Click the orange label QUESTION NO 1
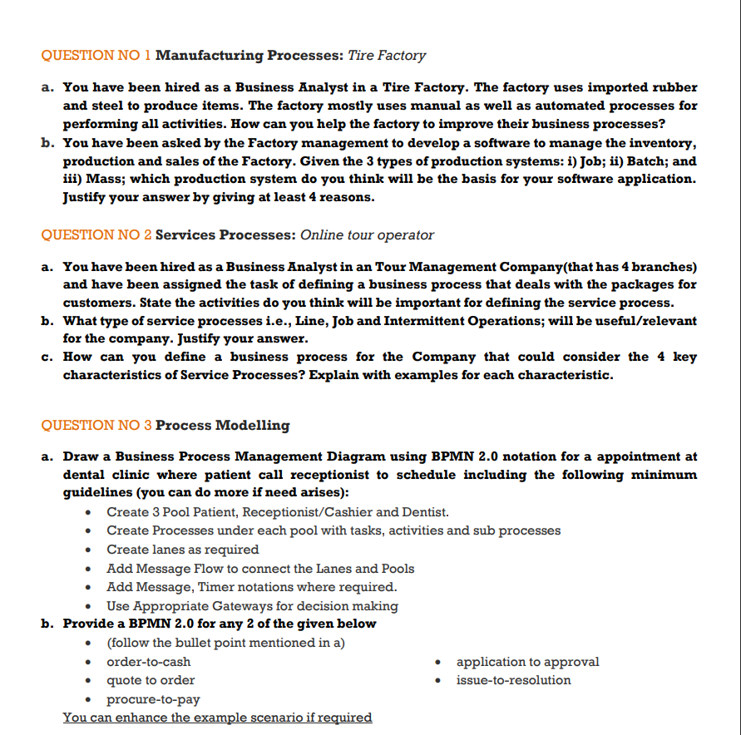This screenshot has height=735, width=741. pyautogui.click(x=96, y=56)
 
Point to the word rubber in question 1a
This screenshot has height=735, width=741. pyautogui.click(x=673, y=87)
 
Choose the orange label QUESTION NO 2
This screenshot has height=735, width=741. pyautogui.click(x=96, y=234)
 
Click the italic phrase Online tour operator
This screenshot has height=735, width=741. pyautogui.click(x=367, y=234)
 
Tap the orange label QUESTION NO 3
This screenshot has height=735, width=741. pyautogui.click(x=96, y=425)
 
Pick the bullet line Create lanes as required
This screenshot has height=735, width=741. pyautogui.click(x=182, y=550)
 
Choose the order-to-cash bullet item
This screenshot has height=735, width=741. pyautogui.click(x=148, y=662)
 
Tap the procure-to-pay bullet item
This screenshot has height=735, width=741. pyautogui.click(x=153, y=699)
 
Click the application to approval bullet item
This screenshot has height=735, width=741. pyautogui.click(x=527, y=662)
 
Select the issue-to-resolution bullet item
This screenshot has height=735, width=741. pyautogui.click(x=513, y=680)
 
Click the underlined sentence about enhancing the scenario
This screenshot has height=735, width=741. pyautogui.click(x=217, y=718)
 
